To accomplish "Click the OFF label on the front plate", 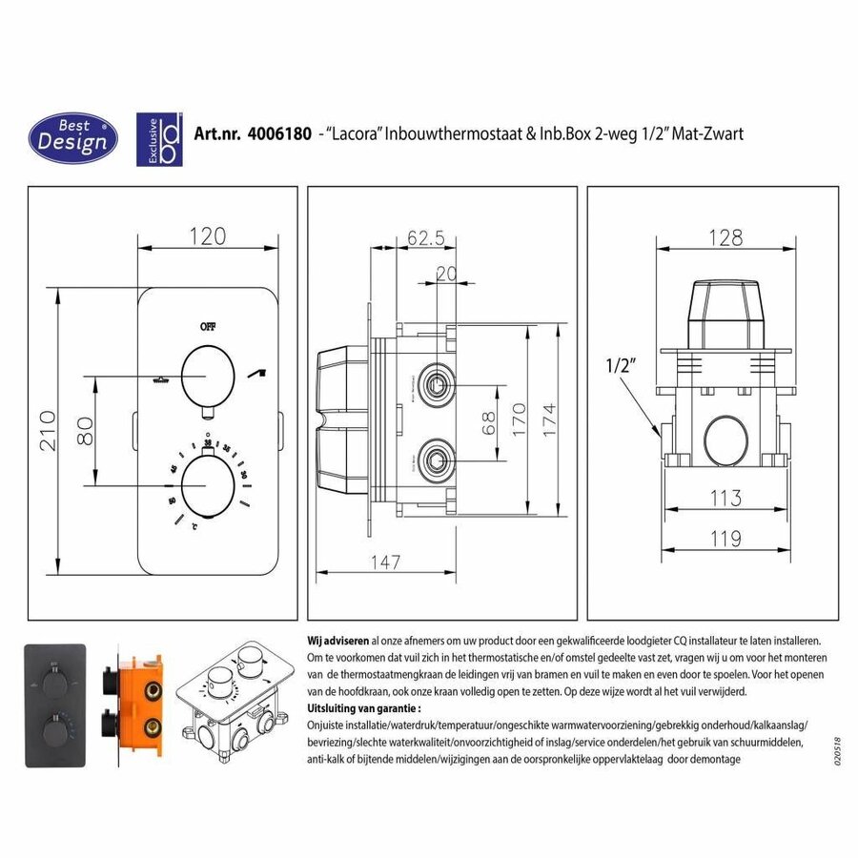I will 208,325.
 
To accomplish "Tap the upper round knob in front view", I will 208,376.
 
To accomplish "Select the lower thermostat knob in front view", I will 208,484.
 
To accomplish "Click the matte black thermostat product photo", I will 56,703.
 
